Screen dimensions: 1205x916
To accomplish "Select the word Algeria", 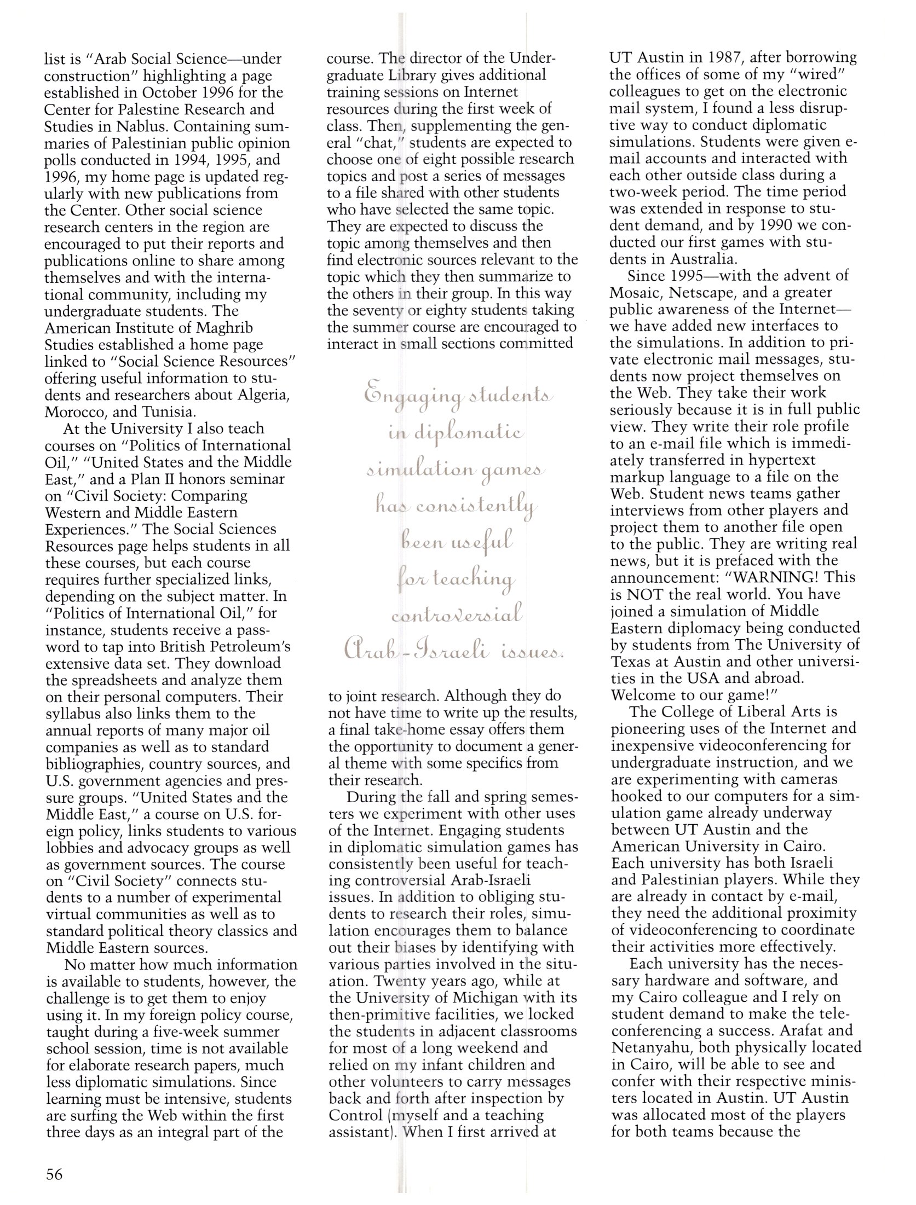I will coord(261,395).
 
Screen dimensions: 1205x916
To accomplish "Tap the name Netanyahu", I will coord(657,1047).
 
